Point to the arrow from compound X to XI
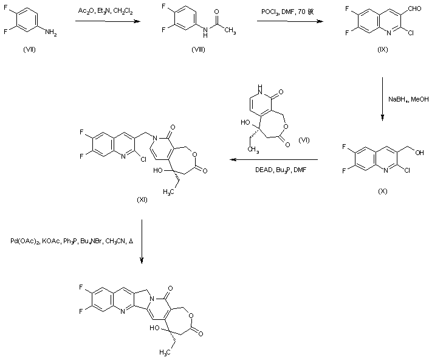(280, 160)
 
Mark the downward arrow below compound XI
(141, 241)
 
